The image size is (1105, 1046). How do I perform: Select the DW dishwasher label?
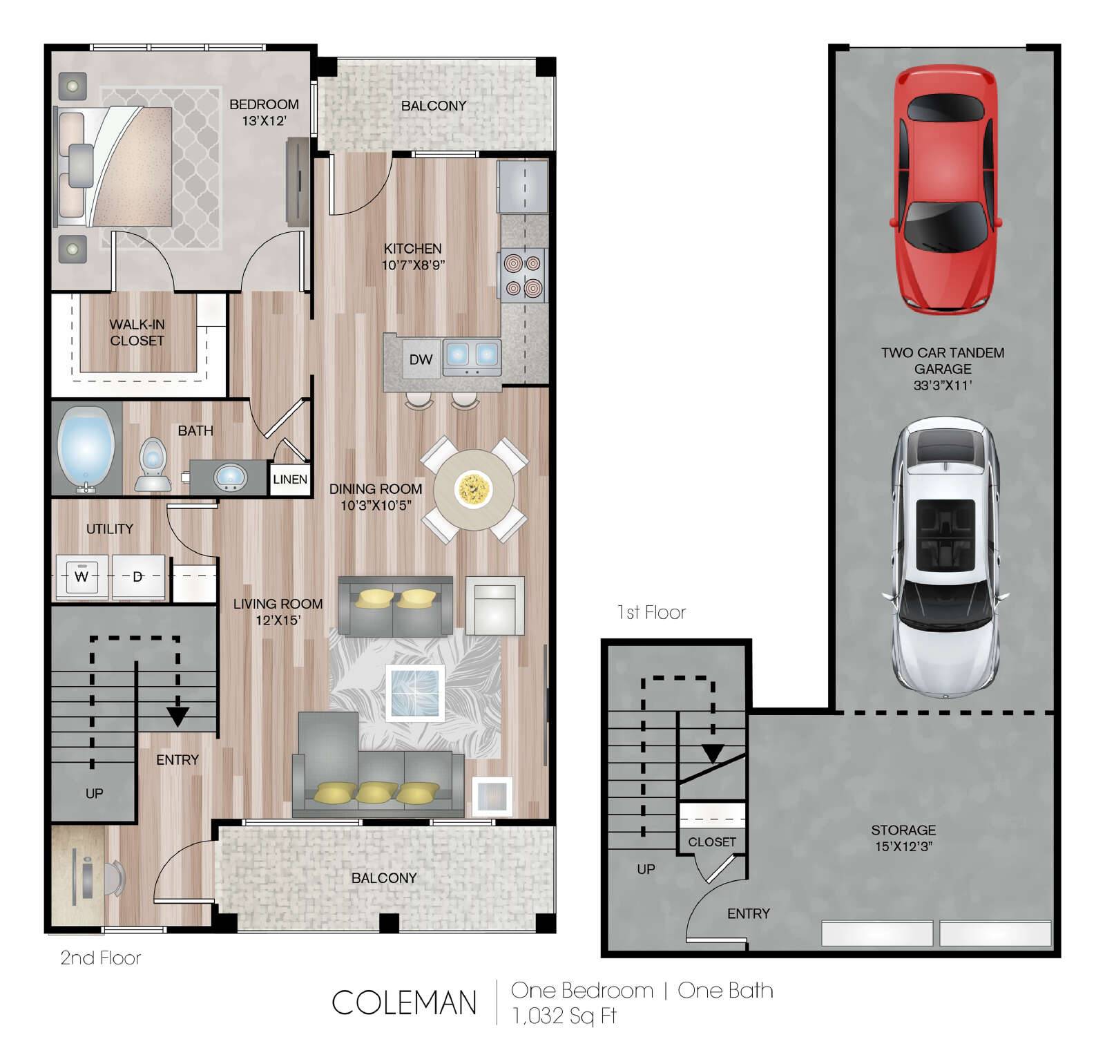coord(421,359)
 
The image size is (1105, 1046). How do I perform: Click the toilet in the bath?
coord(153,464)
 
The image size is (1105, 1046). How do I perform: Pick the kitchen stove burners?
coord(523,275)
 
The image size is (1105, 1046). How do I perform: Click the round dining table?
coord(474,489)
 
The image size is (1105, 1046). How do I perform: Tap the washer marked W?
coord(82,576)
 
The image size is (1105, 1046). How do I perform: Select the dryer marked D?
coord(138,576)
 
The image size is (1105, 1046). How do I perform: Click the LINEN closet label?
coord(290,479)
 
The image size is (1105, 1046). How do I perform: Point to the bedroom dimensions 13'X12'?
coord(264,121)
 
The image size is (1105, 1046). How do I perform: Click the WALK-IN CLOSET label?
coord(137,332)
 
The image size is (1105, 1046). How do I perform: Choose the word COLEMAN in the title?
coord(404,1003)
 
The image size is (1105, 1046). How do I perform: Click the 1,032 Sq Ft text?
coord(564,1016)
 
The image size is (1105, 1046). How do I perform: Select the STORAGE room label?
coord(903,830)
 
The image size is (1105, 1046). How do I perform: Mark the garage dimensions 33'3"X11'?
coord(943,386)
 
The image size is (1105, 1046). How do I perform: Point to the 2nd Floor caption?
coord(101,958)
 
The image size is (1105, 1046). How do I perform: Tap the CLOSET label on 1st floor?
coord(712,842)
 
